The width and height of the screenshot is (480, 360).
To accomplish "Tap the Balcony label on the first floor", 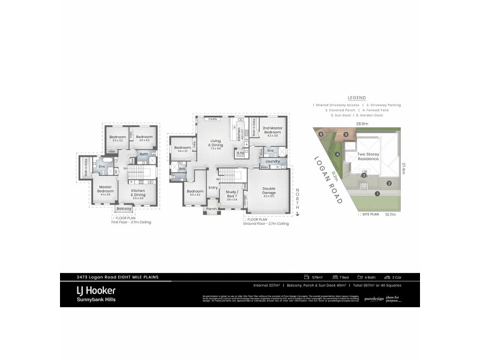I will (124, 208).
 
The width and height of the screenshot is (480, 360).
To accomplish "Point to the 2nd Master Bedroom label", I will (272, 130).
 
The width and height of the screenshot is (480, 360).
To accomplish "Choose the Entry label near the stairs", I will (213, 187).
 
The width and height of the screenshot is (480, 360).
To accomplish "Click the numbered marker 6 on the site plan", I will (321, 134).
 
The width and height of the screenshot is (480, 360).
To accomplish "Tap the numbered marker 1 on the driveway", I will (377, 193).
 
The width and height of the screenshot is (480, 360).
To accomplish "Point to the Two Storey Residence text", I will (370, 155).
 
